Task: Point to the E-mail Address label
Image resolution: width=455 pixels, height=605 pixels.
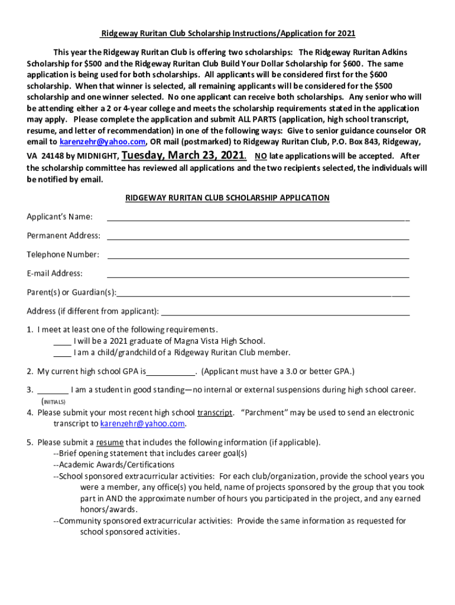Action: pyautogui.click(x=54, y=274)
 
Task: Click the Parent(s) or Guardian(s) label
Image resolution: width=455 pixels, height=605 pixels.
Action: pyautogui.click(x=71, y=292)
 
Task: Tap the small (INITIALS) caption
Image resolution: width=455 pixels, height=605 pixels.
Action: pyautogui.click(x=53, y=402)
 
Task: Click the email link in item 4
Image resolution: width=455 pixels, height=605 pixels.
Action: pyautogui.click(x=143, y=424)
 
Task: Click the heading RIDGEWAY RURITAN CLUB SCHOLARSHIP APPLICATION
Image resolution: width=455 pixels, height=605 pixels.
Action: pyautogui.click(x=227, y=198)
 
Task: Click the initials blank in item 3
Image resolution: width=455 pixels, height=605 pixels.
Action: pyautogui.click(x=53, y=391)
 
